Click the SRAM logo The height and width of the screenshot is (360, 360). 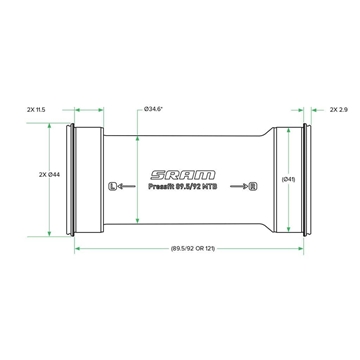pos(183,175)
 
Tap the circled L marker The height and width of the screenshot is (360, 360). pos(113,186)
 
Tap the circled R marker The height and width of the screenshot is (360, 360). pos(253,186)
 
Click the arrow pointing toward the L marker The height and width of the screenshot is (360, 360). pos(127,186)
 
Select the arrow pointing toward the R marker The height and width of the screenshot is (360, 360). pos(239,186)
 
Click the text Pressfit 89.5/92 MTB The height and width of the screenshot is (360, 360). pos(183,187)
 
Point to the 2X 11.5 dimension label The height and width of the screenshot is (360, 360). pos(36,109)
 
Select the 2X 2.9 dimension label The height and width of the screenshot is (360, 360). pos(339,109)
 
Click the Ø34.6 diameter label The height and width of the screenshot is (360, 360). pos(153,109)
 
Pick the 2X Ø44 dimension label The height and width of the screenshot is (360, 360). pos(49,175)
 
